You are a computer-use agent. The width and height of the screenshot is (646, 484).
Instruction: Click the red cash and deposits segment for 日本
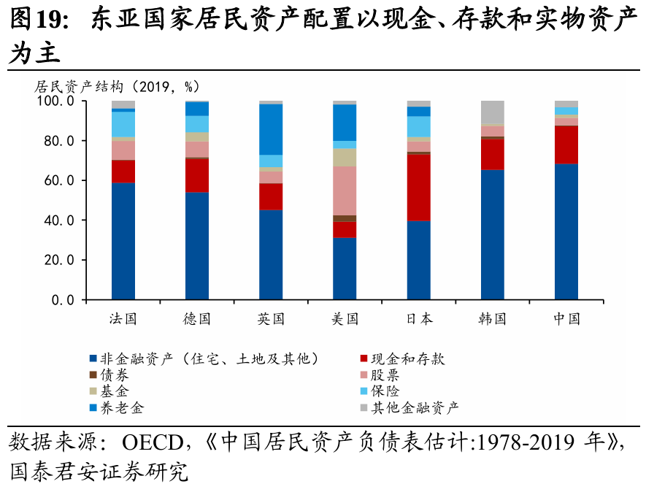418,188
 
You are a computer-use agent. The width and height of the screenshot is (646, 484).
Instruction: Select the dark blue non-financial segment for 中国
566,231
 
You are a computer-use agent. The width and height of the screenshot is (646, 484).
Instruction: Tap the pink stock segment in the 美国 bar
345,191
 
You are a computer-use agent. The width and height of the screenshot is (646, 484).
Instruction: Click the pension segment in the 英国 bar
271,129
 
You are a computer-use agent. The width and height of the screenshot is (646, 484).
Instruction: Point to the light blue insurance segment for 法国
123,124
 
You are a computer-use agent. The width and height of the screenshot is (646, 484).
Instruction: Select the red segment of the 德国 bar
197,175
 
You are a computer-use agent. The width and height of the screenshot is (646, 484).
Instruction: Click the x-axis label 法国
123,319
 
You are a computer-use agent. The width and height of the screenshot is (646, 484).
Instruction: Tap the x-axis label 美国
345,319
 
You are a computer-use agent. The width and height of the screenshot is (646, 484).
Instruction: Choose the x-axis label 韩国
492,319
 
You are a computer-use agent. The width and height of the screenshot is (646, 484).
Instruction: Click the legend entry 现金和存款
407,358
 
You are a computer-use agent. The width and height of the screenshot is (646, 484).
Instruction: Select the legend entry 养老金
122,407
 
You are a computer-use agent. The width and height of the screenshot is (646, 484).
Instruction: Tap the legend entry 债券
115,375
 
